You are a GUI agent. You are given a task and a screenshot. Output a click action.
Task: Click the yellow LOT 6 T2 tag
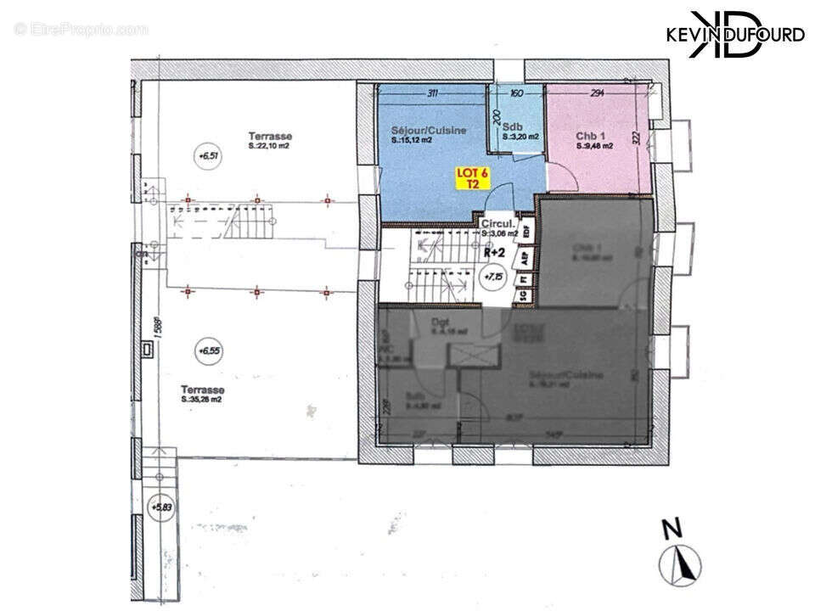coord(467,177)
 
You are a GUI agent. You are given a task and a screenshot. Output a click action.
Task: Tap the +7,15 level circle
coord(492,277)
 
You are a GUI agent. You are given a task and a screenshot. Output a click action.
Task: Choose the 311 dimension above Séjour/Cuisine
coord(432,93)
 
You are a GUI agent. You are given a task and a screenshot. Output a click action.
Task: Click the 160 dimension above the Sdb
coord(515,93)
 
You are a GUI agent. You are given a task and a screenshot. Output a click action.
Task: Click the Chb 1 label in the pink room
coord(589,135)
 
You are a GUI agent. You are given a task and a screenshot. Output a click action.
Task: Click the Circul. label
coord(496,223)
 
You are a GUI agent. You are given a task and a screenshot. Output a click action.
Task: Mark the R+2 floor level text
coord(494,252)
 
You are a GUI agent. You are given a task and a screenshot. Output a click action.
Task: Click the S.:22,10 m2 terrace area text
coord(269,146)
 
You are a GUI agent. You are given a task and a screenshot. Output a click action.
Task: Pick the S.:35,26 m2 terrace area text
coord(201,399)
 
